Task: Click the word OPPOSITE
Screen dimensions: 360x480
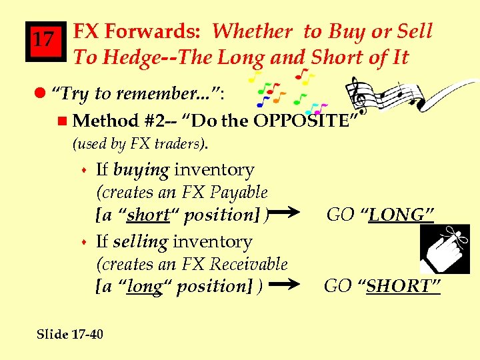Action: (306, 121)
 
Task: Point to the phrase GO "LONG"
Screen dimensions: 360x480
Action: (380, 215)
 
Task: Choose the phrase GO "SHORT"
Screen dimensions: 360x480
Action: (382, 286)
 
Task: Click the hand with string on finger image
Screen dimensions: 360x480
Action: (444, 249)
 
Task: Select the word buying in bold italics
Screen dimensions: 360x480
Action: (141, 170)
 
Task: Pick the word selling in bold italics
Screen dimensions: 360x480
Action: (140, 241)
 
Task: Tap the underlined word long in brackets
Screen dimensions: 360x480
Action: (143, 287)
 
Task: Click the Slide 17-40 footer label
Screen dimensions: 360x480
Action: (70, 333)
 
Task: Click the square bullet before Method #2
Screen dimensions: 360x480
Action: (63, 121)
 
